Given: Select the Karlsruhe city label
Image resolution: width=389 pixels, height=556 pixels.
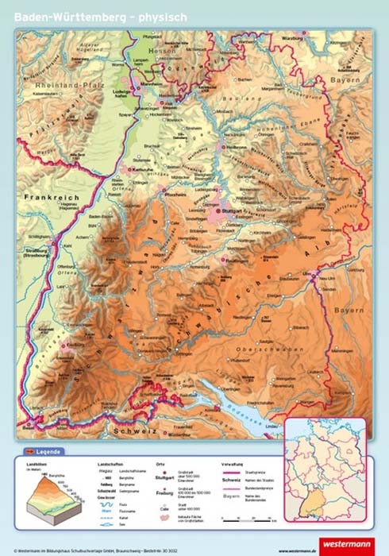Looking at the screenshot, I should pos(144,169).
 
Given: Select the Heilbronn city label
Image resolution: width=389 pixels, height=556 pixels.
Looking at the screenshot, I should pos(239,147).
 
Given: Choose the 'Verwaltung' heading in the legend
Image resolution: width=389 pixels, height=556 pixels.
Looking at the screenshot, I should pos(230,464).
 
